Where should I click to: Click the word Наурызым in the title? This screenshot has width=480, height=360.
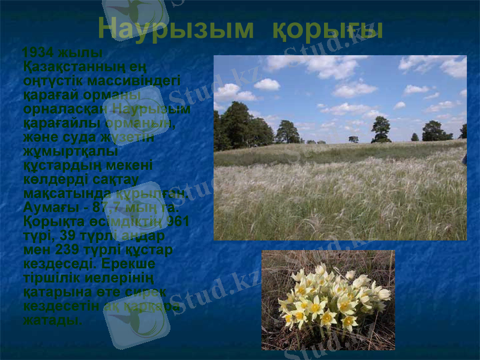(x=176, y=29)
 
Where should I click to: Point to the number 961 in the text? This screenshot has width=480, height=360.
(x=178, y=222)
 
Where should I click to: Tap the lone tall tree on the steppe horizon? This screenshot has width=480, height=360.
(x=381, y=130)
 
